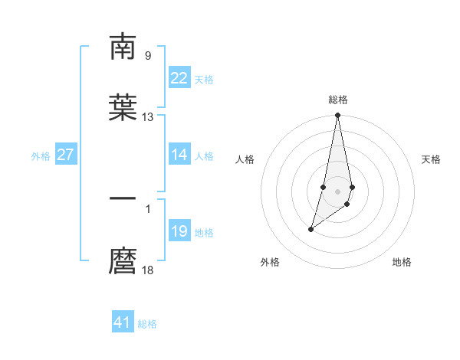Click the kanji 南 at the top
(x=123, y=47)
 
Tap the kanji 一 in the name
(x=123, y=199)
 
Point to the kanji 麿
(x=123, y=260)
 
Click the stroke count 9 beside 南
(x=148, y=55)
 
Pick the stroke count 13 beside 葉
(x=148, y=117)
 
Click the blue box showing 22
(x=179, y=78)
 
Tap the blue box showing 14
(x=179, y=155)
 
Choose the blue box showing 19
(x=179, y=231)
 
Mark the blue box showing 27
(x=65, y=155)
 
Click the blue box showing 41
(x=123, y=322)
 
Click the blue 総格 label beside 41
(x=147, y=324)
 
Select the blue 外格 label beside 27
(x=41, y=156)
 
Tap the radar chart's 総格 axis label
(x=338, y=100)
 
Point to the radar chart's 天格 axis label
(x=432, y=159)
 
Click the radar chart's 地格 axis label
(x=402, y=262)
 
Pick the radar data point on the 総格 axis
(x=338, y=116)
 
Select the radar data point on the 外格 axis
(x=311, y=228)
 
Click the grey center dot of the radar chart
(x=338, y=190)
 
